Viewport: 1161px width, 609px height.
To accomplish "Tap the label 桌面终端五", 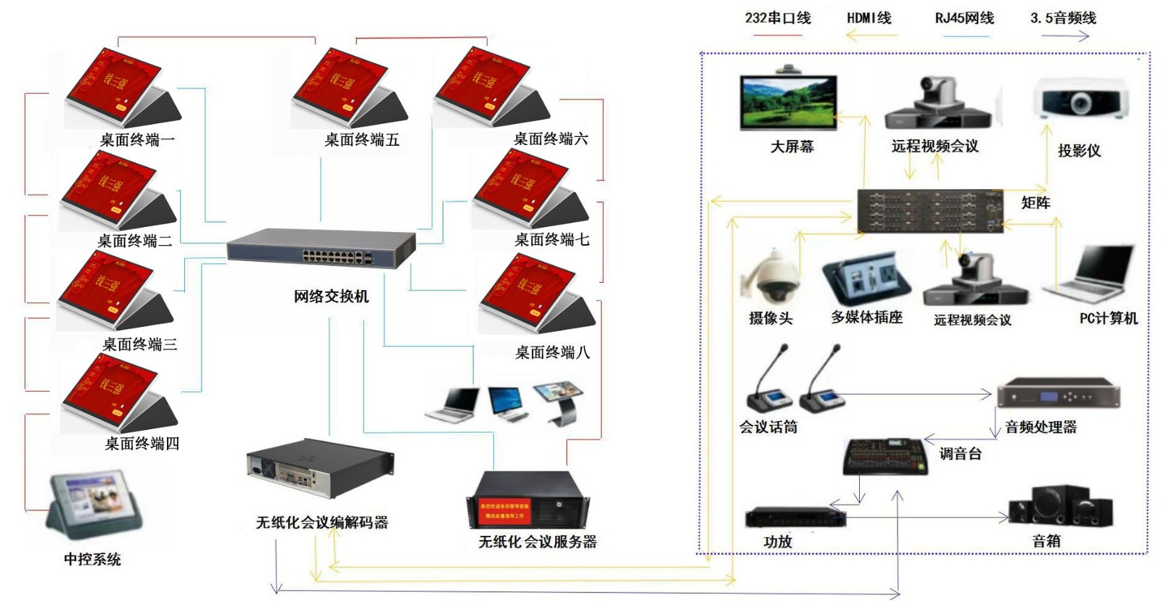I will click(362, 140).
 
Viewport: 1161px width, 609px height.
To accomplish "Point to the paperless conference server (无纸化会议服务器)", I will click(528, 500).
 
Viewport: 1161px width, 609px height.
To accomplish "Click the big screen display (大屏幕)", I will click(788, 102).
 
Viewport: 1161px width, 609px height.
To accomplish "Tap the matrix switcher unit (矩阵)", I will click(930, 210).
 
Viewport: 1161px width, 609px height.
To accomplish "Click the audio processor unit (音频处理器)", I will click(1058, 394).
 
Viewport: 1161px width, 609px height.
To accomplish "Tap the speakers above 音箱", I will click(1060, 507).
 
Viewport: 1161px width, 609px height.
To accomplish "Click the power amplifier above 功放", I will click(795, 518).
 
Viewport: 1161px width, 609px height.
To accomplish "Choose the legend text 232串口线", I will click(778, 18).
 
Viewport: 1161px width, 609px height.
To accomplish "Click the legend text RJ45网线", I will click(964, 18).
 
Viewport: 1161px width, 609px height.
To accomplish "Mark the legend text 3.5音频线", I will click(1063, 18).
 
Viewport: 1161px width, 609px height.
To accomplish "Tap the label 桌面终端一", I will click(137, 140).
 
